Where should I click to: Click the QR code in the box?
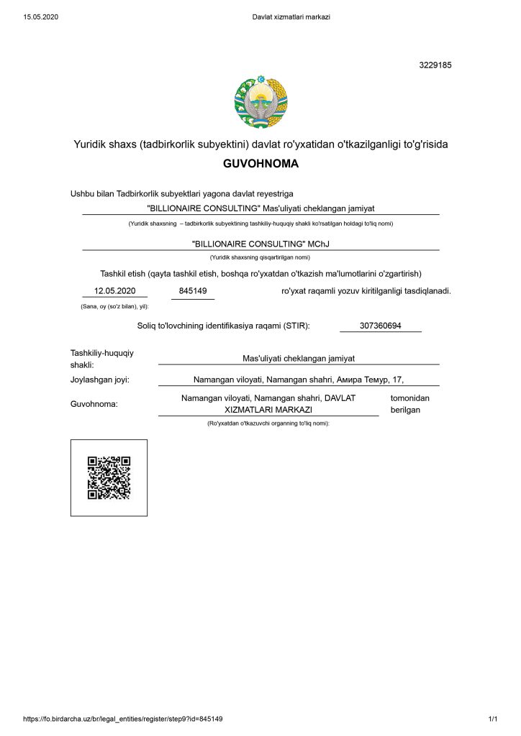click(109, 477)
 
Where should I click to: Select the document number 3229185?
click(435, 65)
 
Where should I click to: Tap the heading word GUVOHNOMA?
click(260, 164)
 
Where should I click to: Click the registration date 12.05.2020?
click(115, 290)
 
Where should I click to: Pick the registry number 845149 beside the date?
click(193, 290)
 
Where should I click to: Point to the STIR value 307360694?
click(381, 326)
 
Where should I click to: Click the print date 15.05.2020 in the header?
click(40, 17)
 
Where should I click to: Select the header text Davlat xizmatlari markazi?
click(291, 17)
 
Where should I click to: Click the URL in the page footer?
click(123, 719)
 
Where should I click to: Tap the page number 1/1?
click(493, 719)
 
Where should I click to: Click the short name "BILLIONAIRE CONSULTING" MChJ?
click(260, 244)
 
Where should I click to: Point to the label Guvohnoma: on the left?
click(94, 404)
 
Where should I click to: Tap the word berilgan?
click(405, 410)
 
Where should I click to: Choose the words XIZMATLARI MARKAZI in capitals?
click(268, 410)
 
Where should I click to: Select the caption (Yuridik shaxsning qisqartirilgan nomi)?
click(260, 257)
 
